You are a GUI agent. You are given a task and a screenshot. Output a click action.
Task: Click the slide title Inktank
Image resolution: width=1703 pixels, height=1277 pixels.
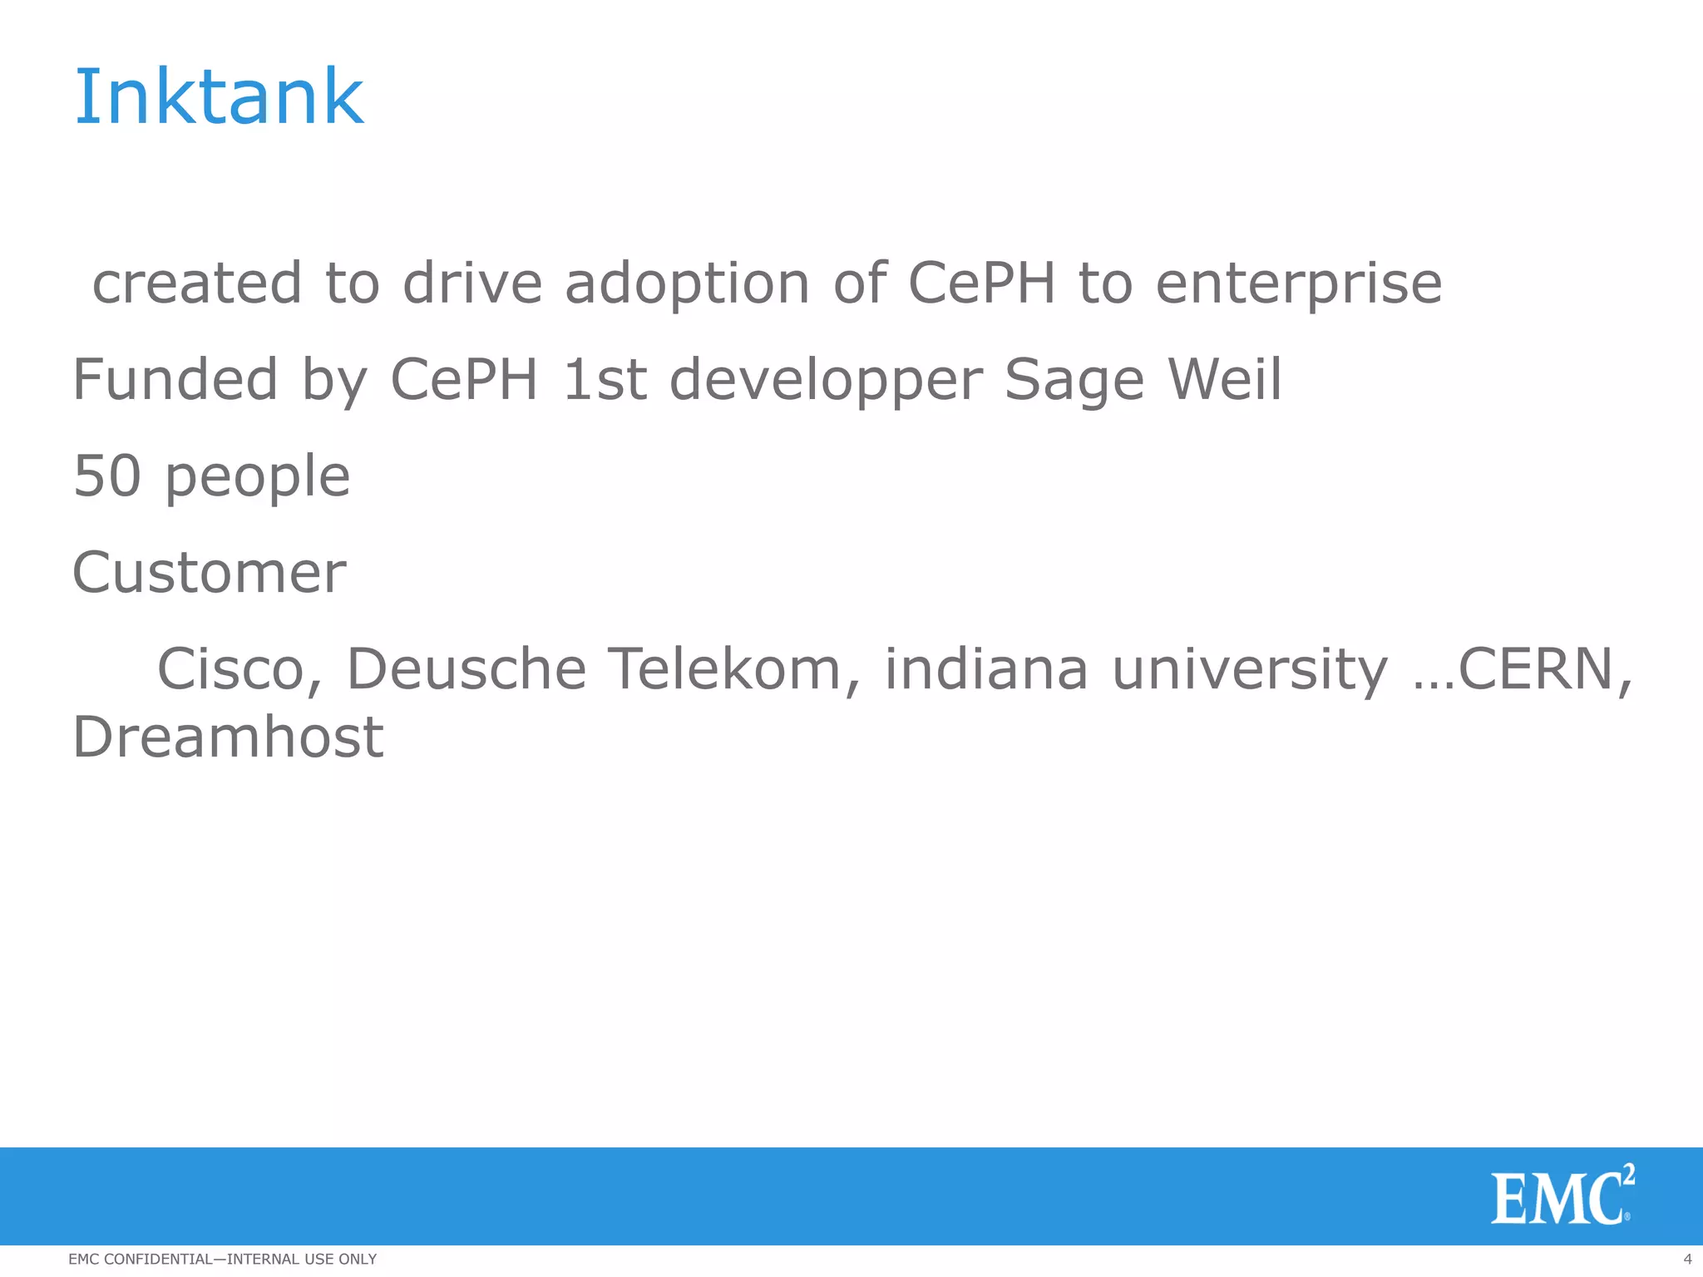(219, 97)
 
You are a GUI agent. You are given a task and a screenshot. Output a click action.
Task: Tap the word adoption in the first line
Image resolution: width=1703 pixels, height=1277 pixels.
(687, 284)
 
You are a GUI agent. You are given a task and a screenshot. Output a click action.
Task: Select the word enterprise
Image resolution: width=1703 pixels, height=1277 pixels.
(1298, 284)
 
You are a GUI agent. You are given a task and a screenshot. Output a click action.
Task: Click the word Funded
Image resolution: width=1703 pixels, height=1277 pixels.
(175, 379)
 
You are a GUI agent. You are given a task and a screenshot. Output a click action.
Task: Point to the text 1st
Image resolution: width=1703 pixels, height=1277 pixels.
(605, 379)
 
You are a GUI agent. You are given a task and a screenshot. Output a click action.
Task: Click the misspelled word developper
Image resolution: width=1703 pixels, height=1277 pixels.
(826, 381)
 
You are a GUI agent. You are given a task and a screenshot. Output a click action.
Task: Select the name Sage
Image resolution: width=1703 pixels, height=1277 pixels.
(1074, 381)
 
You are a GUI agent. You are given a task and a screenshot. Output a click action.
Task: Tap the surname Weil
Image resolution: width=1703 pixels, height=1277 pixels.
(1224, 379)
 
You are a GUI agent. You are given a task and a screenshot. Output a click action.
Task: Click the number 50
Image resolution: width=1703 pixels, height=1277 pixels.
(107, 476)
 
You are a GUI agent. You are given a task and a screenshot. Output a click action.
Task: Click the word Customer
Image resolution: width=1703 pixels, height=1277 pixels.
(210, 573)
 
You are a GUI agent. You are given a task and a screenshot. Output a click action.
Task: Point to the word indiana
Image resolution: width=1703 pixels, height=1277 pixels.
(985, 669)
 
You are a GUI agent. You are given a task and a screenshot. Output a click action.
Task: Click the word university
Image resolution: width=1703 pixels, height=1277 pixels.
(1250, 669)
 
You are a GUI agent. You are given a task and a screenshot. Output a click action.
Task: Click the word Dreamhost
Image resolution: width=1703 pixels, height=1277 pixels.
(228, 737)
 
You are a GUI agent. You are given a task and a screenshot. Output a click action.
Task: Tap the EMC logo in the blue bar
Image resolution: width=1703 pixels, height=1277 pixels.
(1562, 1196)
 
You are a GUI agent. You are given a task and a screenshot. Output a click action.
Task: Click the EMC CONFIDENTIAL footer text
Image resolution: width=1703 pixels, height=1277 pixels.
(222, 1259)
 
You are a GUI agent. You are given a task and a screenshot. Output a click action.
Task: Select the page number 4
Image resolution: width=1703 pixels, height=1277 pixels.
(1687, 1259)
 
